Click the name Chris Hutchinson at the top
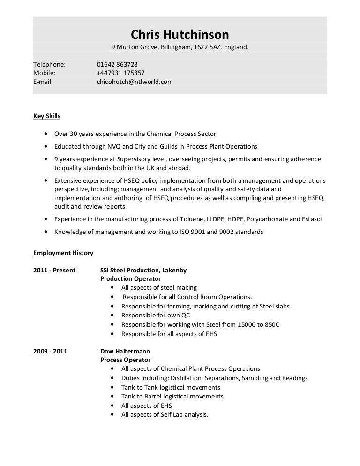click(x=180, y=34)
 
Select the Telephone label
click(x=49, y=64)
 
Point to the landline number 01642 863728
click(x=117, y=64)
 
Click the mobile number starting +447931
click(x=120, y=73)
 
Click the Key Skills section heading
click(x=47, y=116)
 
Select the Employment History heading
click(x=63, y=253)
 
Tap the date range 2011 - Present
click(x=54, y=271)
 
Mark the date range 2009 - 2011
click(x=50, y=351)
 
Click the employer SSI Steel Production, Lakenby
click(x=143, y=271)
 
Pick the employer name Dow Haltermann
click(x=125, y=351)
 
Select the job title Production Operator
click(x=131, y=279)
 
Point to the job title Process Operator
click(x=126, y=360)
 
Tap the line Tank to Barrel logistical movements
click(x=172, y=397)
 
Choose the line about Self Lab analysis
click(x=164, y=415)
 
